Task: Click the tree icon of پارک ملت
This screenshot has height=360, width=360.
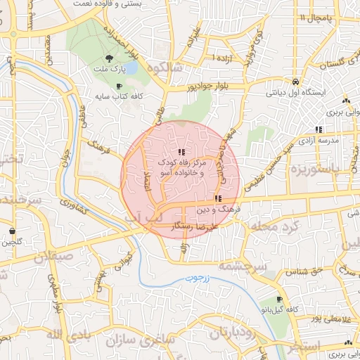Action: pyautogui.click(x=108, y=59)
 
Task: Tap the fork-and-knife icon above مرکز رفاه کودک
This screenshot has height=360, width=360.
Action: pyautogui.click(x=181, y=151)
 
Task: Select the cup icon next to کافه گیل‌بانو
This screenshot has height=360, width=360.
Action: pyautogui.click(x=280, y=299)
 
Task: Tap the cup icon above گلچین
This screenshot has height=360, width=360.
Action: pyautogui.click(x=12, y=231)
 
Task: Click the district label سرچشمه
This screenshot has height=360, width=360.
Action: pyautogui.click(x=240, y=266)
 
